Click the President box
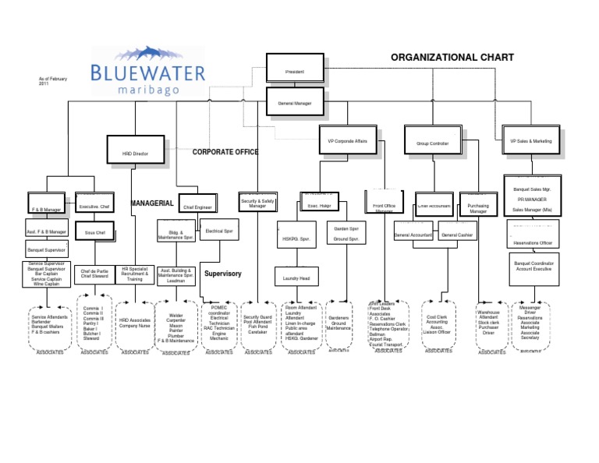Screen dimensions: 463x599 coord(295,71)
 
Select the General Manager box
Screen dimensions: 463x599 coord(295,102)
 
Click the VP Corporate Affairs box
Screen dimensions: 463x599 coord(347,140)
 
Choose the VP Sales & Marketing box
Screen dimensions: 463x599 coord(530,140)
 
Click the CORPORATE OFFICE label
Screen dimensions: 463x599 coord(225,152)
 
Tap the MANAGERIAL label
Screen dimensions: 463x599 coord(151,203)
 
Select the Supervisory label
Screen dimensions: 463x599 coord(223,274)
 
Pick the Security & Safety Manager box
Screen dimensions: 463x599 coord(257,203)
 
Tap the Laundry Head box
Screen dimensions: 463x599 coord(296,277)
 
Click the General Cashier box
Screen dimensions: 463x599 coord(457,234)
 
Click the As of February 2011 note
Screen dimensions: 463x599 coord(48,81)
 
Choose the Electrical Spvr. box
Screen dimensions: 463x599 coord(218,231)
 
